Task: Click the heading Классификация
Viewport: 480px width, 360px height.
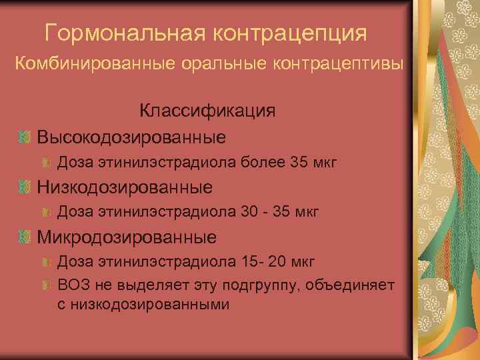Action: click(x=207, y=111)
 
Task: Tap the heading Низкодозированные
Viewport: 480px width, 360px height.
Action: click(x=125, y=187)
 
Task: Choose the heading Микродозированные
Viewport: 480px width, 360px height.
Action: click(x=127, y=237)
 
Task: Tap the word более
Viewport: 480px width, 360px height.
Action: click(x=265, y=162)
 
